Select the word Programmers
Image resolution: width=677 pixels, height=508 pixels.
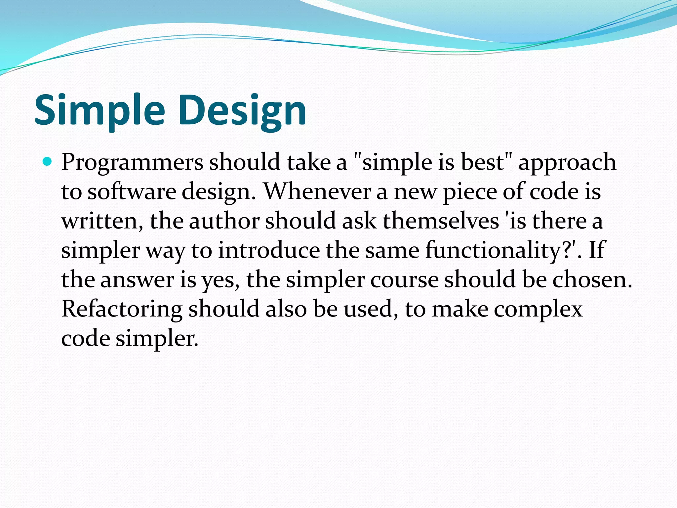132,163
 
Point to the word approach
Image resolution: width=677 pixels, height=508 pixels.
567,163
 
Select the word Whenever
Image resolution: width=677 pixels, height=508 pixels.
317,191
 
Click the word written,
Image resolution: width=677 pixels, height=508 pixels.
102,221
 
